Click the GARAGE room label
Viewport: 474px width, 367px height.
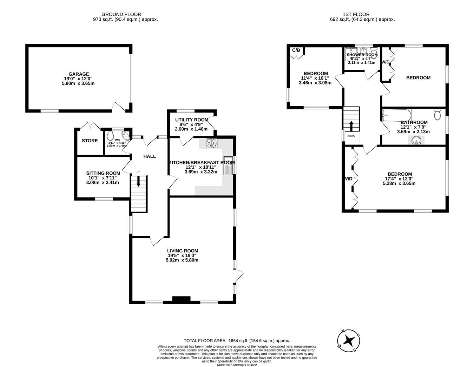(x=79, y=74)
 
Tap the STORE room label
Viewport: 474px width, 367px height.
(x=90, y=141)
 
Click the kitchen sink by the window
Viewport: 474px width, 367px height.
(x=228, y=165)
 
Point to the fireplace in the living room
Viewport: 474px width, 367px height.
(x=181, y=299)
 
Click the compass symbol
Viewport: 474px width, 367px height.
(x=349, y=340)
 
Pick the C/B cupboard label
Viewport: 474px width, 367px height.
(x=296, y=50)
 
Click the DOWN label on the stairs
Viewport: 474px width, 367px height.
(x=351, y=136)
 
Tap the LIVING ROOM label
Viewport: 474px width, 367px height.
(x=183, y=251)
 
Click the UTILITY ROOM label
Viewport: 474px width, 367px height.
(x=191, y=120)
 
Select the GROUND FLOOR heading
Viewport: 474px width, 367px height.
(x=121, y=14)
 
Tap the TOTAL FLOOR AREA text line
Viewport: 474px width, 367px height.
(x=237, y=340)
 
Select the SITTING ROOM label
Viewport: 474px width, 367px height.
(x=103, y=173)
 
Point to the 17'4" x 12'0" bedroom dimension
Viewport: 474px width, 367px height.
(x=400, y=179)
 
